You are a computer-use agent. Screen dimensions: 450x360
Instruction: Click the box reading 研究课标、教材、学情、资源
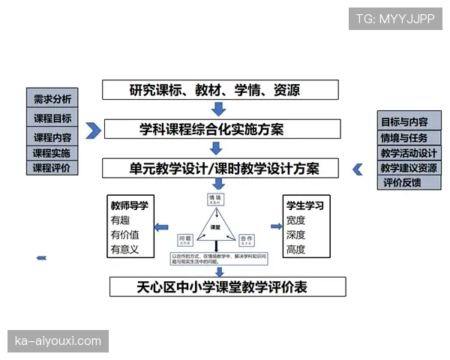point(214,91)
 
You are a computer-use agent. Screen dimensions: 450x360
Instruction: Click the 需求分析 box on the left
point(52,99)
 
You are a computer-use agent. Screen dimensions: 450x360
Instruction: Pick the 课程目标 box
point(52,118)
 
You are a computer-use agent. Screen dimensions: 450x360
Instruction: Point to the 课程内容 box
point(52,137)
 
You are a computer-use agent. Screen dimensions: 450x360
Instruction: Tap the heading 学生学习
point(304,205)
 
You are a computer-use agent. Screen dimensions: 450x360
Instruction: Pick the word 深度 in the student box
point(295,235)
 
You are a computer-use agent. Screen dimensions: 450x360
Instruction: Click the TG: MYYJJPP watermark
point(395,19)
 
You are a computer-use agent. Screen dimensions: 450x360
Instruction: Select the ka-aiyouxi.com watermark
point(58,341)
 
